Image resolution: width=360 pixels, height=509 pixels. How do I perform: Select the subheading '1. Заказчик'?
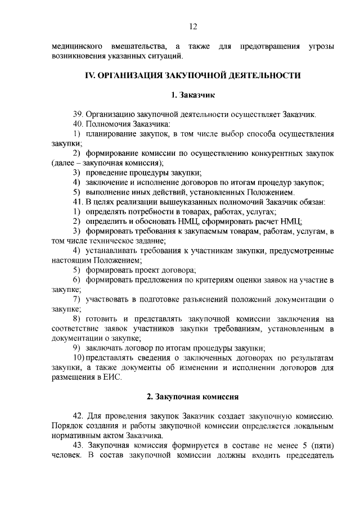tap(193, 95)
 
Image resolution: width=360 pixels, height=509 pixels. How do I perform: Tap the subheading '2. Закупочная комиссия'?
tap(193, 397)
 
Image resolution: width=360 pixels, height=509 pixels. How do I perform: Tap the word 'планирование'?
tap(112, 134)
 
